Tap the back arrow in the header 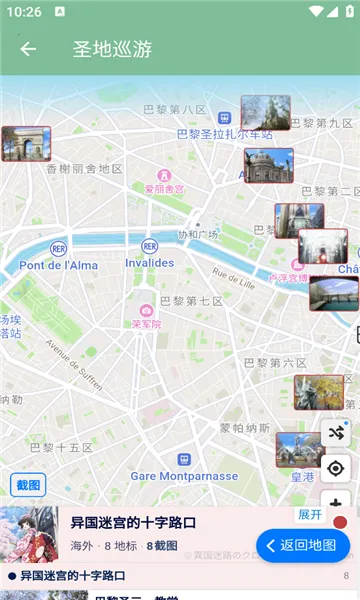point(27,49)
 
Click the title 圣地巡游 point(112,49)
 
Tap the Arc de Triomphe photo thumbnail point(26,144)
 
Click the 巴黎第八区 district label point(175,110)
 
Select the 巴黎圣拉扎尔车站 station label point(224,133)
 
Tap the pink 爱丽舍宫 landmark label point(164,188)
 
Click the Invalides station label point(149,263)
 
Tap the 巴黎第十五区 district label point(61,447)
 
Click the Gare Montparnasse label point(184,476)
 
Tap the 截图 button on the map point(28,486)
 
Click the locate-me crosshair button point(336,468)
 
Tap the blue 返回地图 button point(303,545)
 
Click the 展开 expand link point(310,514)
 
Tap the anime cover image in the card point(29,535)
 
